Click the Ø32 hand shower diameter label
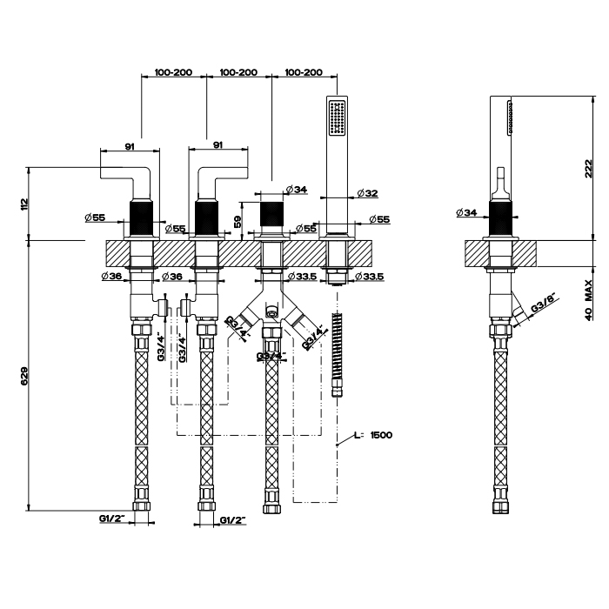coord(366,193)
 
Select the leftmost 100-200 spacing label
coord(173,72)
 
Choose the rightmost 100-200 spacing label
coord(304,72)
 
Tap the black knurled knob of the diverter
coord(272,213)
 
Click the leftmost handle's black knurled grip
coord(142,217)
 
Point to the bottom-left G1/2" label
coord(112,519)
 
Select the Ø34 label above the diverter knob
coord(294,190)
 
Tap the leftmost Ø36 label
coord(110,277)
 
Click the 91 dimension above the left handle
coord(130,146)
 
